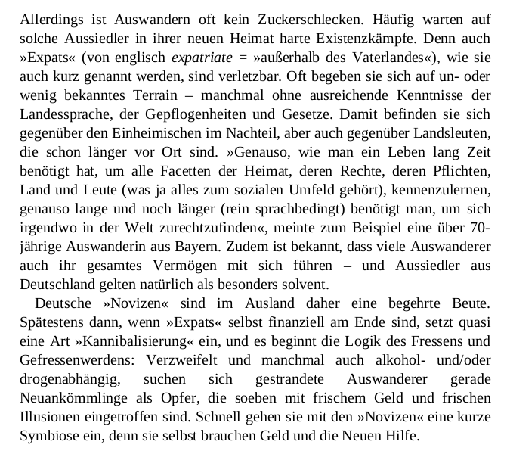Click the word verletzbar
click(x=249, y=76)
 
